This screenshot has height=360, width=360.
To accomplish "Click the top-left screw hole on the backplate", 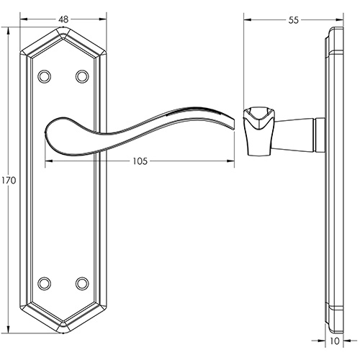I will pos(45,76).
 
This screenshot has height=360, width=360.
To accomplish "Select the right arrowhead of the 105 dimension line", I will pos(233,161).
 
